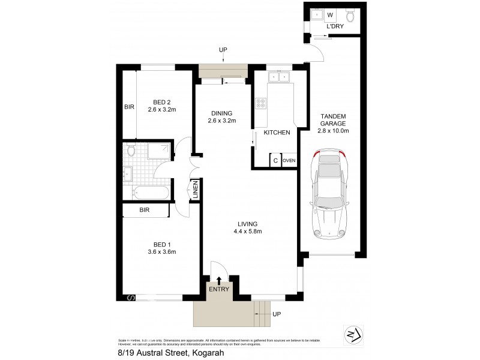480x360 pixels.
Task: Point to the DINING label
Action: click(221, 113)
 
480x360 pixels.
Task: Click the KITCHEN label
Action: click(277, 132)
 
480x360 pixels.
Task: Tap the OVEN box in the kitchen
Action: click(289, 160)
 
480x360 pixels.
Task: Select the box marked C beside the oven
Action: click(275, 160)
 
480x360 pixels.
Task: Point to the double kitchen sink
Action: click(279, 76)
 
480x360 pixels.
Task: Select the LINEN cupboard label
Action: click(195, 190)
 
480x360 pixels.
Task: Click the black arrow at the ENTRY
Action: click(219, 280)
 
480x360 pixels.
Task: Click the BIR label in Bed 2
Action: click(129, 107)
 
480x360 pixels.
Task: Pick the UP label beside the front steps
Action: click(277, 314)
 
